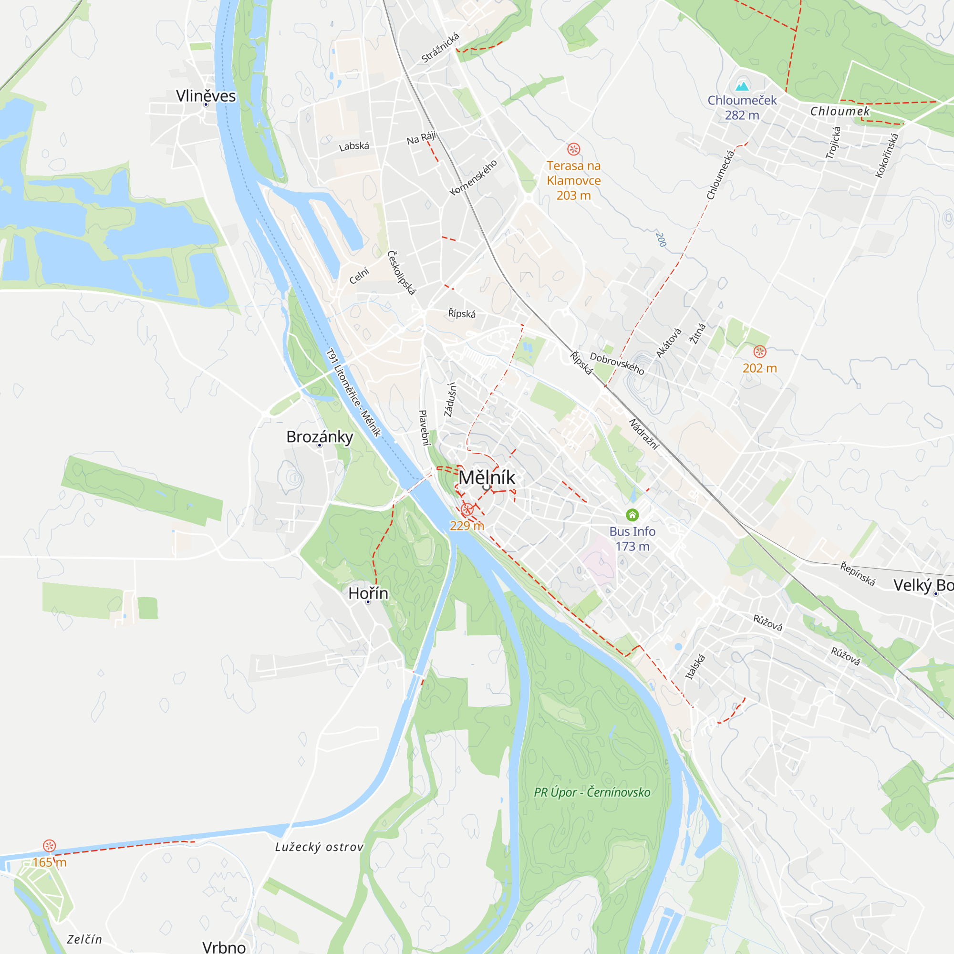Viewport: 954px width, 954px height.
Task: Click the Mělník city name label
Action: click(487, 477)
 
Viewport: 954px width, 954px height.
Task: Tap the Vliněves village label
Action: click(206, 96)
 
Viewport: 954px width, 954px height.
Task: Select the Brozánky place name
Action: click(320, 436)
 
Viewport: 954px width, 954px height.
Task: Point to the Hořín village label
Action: click(368, 593)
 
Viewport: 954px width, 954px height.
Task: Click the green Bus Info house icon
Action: click(632, 515)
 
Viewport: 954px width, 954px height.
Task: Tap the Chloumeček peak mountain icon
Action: click(742, 86)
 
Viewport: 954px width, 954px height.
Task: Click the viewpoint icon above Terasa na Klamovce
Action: click(573, 149)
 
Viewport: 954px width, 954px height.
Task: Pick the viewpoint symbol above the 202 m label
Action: click(759, 352)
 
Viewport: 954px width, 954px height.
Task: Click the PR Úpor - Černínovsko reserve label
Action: click(592, 792)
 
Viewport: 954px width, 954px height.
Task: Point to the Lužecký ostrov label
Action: click(319, 847)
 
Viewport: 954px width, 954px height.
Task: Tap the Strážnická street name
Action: click(440, 48)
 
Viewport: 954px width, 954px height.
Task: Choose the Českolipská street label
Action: click(401, 272)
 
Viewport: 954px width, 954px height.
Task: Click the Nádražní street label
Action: click(644, 434)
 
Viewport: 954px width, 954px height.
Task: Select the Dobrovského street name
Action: click(617, 363)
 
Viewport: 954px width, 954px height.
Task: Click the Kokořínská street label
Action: click(886, 155)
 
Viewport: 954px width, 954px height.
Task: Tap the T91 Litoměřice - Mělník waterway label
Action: click(353, 393)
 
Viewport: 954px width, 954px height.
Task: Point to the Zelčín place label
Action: click(84, 939)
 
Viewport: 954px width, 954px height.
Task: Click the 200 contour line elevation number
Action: click(661, 239)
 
